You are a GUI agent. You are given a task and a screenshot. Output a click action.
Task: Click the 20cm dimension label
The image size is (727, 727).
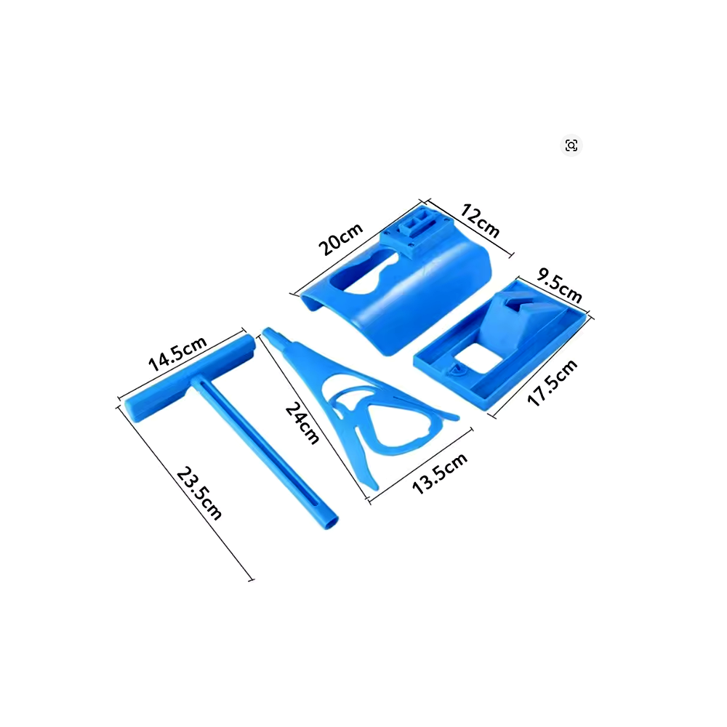point(341,239)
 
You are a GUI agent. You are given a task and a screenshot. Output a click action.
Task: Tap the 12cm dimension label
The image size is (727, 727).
point(480,221)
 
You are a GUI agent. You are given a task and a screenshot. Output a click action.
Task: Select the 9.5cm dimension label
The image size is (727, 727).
point(559,286)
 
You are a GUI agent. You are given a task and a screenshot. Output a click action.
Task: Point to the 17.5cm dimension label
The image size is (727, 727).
point(553,382)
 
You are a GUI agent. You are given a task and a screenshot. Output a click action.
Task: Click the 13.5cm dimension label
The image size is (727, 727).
point(440,473)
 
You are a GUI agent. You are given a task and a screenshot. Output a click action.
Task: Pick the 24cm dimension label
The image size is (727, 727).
point(302,423)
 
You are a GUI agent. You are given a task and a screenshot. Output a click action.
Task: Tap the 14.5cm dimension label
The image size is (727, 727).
point(177,353)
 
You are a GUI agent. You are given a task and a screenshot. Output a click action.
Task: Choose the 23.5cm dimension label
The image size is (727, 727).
point(199,493)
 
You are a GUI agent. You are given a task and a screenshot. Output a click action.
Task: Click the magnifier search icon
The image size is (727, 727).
point(571,145)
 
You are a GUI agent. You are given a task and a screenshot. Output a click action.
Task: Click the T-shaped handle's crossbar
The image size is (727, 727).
point(190,378)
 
